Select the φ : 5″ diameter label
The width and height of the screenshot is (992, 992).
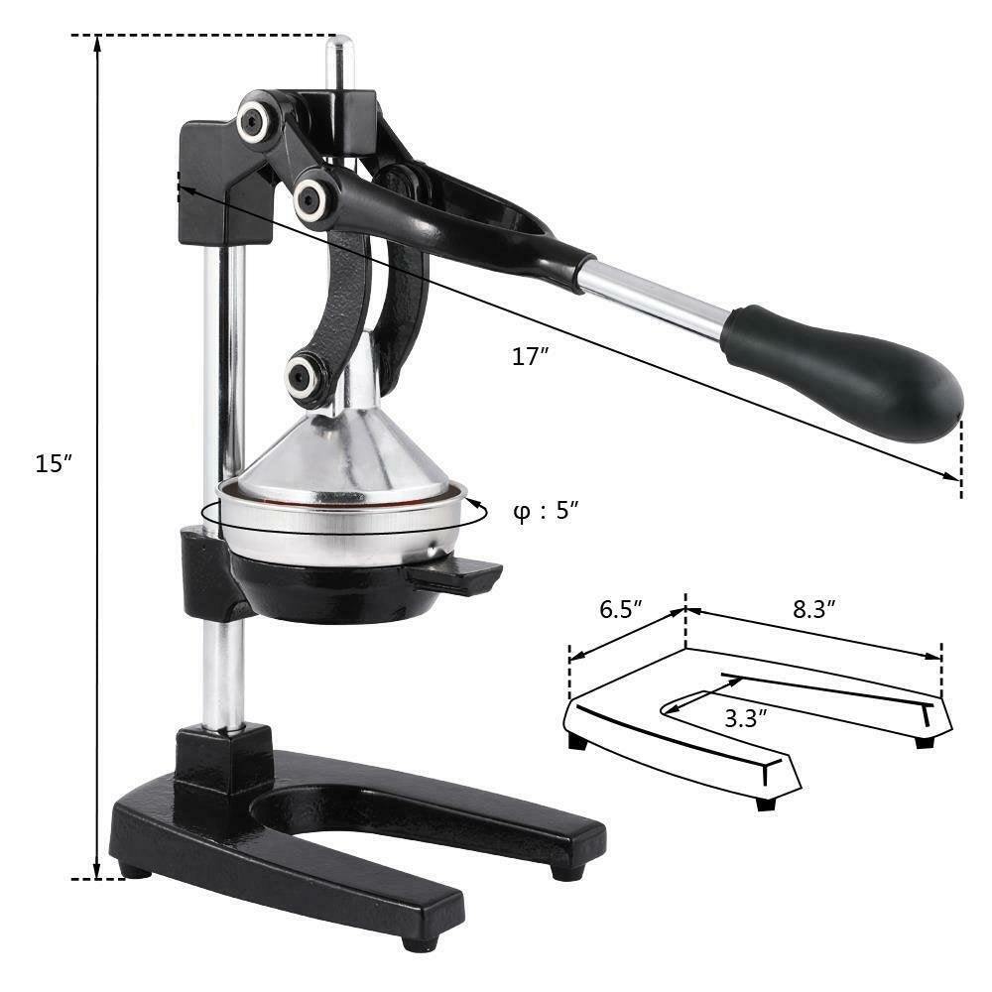[546, 512]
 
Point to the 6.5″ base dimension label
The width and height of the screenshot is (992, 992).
[622, 610]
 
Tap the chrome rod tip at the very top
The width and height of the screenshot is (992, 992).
[340, 45]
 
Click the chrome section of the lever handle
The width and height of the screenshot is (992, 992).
[655, 298]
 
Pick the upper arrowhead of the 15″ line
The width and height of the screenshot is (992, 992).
[97, 45]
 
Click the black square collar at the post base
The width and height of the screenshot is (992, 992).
[223, 759]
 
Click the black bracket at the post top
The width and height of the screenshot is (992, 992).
[213, 184]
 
